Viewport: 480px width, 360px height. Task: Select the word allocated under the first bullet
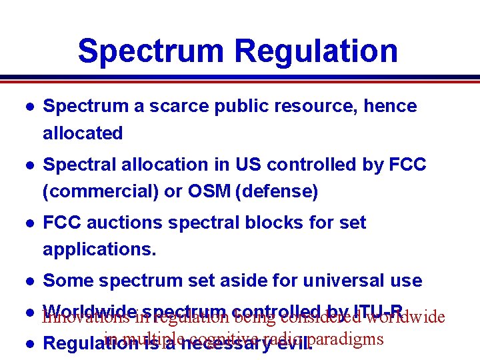[x=83, y=133]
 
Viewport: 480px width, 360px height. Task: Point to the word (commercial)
[x=101, y=191]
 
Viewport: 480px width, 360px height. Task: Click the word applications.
[x=99, y=249]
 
